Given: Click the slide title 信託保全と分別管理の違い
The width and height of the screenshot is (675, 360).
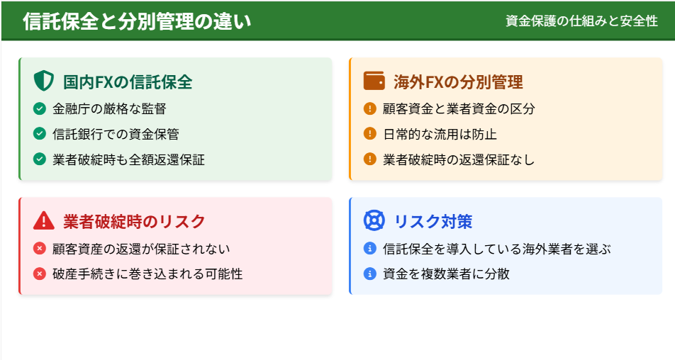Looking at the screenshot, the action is click(x=136, y=21).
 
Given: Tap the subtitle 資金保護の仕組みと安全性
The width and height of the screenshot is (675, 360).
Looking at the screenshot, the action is click(x=581, y=21).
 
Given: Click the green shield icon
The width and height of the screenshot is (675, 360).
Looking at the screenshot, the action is click(x=43, y=81).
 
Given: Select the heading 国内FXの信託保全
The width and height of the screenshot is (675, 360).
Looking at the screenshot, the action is click(x=128, y=81).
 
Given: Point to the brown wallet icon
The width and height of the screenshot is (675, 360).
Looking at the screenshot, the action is click(x=374, y=81).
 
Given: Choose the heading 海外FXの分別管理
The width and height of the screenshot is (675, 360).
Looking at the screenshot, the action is click(x=459, y=81).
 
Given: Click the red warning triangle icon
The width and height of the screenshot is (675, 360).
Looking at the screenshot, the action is click(x=44, y=220).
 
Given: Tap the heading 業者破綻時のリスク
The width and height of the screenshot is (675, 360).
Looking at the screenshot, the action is click(x=134, y=222).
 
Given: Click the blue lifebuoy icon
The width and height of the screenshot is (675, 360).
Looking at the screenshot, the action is click(x=374, y=220).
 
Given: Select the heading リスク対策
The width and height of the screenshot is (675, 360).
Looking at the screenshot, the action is click(x=433, y=222).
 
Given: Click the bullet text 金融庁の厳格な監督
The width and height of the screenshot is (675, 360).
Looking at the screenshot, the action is click(x=109, y=109).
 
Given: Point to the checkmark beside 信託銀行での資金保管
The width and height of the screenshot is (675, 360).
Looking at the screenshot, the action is click(x=40, y=134).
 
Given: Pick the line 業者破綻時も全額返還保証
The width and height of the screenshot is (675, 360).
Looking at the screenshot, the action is click(x=129, y=159).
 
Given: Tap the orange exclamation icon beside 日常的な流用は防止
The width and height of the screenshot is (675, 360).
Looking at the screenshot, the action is click(x=370, y=134).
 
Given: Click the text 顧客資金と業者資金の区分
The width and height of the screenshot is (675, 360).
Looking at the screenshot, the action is click(x=459, y=109).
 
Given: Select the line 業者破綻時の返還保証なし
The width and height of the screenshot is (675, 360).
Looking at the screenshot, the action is click(x=459, y=159).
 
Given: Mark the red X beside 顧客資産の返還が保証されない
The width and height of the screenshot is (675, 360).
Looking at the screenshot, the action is click(x=40, y=248).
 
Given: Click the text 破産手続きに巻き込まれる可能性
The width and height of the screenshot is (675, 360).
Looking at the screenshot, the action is click(x=147, y=274).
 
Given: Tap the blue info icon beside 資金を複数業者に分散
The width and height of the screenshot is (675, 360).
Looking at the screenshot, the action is click(x=370, y=274).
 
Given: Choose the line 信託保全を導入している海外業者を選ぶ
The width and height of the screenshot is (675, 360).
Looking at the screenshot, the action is click(x=497, y=249).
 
